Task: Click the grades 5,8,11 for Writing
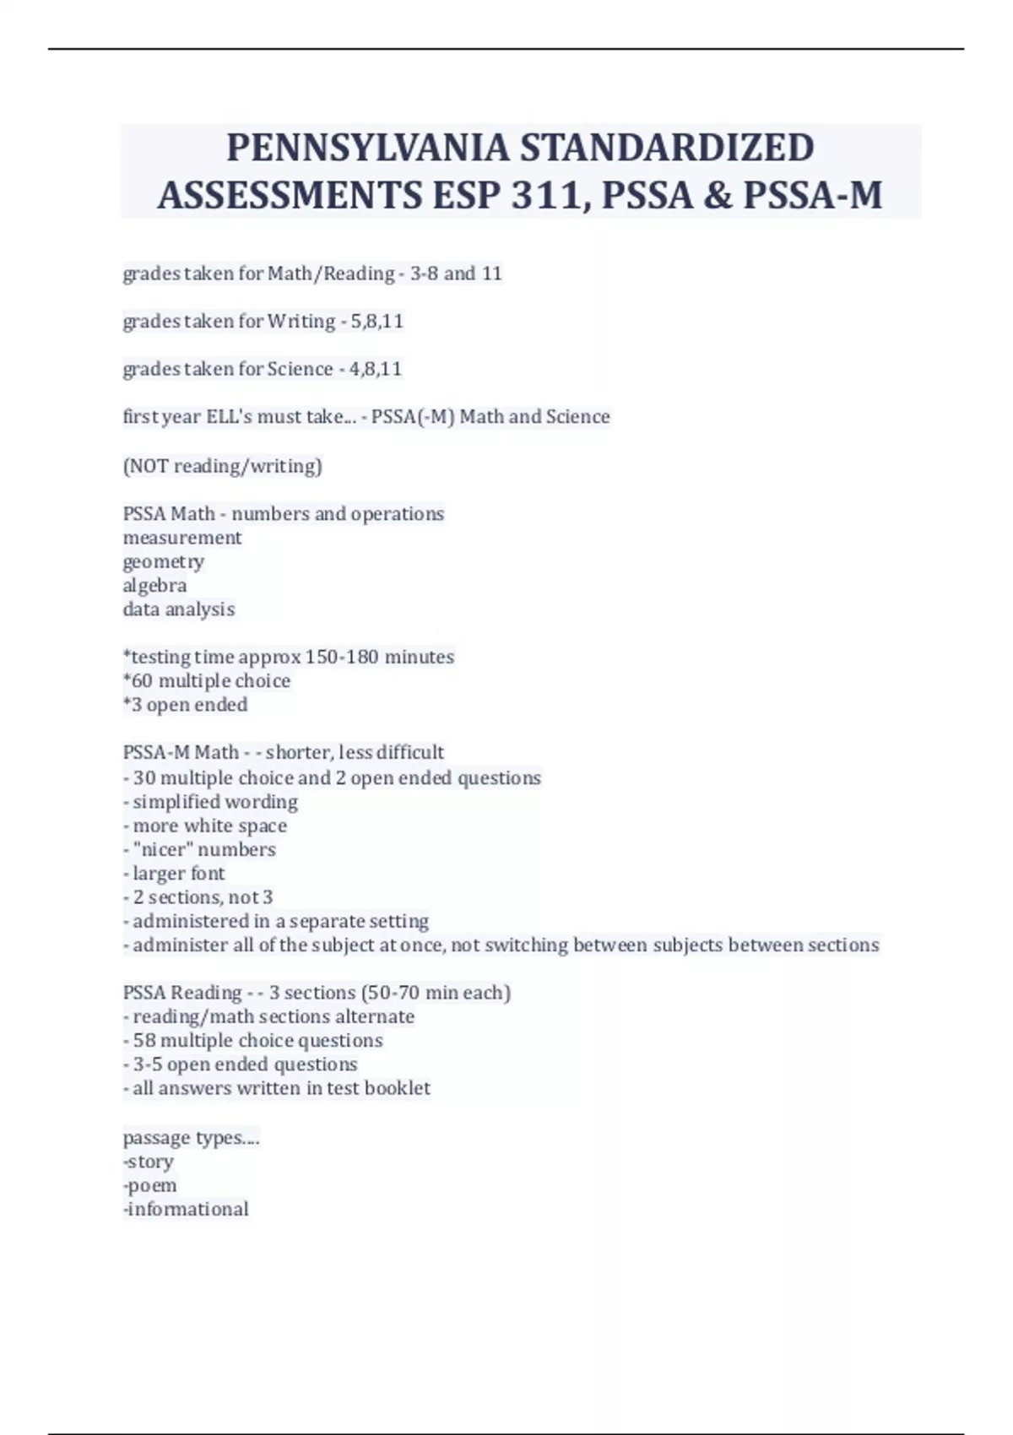tap(376, 322)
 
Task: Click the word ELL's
tap(229, 417)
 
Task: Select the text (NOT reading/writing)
tap(222, 466)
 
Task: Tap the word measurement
tap(182, 538)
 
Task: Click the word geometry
tap(164, 562)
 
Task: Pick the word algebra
tap(154, 586)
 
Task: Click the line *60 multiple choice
tap(207, 681)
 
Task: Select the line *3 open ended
tap(185, 705)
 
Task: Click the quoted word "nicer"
tap(163, 850)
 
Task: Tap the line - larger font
tap(174, 874)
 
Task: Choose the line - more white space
tap(205, 826)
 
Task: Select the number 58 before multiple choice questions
tap(144, 1041)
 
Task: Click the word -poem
tap(150, 1186)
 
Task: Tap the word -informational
tap(186, 1210)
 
